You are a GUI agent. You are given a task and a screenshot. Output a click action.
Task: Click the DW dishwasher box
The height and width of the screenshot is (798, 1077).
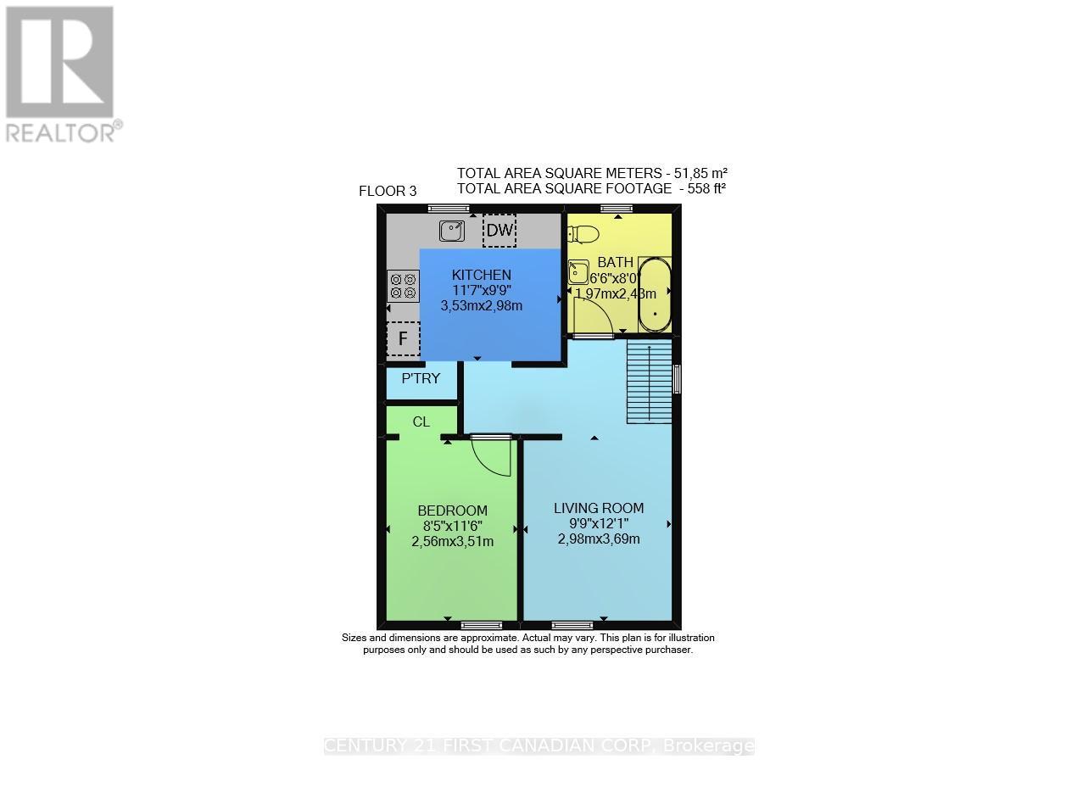click(x=499, y=230)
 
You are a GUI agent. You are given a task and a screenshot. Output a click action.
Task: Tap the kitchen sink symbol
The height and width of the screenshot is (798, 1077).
click(x=452, y=229)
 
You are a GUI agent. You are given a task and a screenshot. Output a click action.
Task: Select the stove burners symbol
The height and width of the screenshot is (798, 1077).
click(x=403, y=286)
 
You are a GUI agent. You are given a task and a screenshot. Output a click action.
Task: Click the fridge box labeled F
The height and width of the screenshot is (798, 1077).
click(x=404, y=339)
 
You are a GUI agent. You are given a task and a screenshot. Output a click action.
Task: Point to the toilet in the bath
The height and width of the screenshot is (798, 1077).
click(x=584, y=234)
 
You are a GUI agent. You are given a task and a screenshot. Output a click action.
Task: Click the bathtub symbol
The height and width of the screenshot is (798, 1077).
click(x=654, y=295)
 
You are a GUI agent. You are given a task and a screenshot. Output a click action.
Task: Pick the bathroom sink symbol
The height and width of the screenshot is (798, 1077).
click(x=579, y=271)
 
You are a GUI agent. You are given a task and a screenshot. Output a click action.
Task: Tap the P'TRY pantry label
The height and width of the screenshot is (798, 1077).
click(x=421, y=378)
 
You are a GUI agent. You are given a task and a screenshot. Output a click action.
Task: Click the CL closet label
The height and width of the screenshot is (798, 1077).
click(x=421, y=421)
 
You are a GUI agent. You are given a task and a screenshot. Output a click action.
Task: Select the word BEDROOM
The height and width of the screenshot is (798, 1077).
click(x=452, y=511)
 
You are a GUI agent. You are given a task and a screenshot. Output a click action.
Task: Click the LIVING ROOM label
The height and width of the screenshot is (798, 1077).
click(x=599, y=508)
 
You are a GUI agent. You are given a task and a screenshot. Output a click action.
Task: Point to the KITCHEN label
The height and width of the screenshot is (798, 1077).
click(x=481, y=275)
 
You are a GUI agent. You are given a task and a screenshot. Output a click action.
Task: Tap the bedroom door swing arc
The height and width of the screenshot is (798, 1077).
click(x=492, y=458)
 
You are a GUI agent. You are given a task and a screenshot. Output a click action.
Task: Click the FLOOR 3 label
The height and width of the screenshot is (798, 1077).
click(x=388, y=191)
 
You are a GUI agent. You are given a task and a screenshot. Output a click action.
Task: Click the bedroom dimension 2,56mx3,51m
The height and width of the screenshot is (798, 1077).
click(x=452, y=541)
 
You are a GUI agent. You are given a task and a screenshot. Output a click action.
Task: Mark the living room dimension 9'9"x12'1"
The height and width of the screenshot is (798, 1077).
click(x=599, y=523)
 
